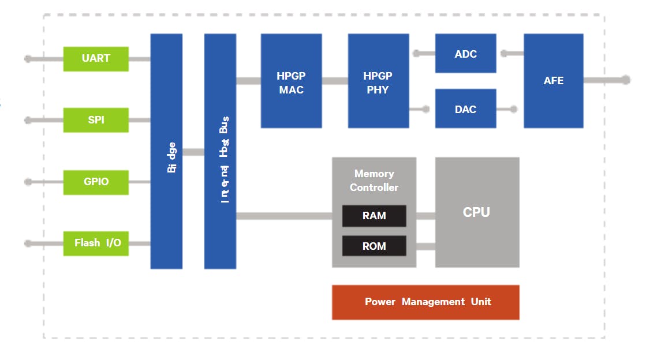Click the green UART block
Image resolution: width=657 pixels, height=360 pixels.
[96, 59]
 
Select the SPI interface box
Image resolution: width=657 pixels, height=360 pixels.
[96, 120]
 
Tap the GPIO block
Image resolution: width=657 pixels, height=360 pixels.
[96, 182]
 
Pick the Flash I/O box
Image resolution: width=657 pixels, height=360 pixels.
[96, 243]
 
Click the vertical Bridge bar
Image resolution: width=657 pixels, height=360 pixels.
[166, 151]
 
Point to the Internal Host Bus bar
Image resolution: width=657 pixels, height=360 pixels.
[220, 151]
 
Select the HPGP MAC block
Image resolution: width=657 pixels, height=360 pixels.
[291, 81]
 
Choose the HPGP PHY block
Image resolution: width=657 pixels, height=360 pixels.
[378, 81]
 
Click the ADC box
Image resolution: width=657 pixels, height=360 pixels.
[465, 54]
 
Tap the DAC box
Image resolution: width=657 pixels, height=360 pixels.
[465, 108]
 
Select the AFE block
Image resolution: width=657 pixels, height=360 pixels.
[553, 81]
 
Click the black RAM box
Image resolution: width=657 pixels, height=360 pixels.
[374, 216]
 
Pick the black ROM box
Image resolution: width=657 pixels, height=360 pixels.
[374, 246]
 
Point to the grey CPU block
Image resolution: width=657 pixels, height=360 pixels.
[477, 212]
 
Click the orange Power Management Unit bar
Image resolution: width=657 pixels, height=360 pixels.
[425, 302]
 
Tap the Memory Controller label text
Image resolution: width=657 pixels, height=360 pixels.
[374, 180]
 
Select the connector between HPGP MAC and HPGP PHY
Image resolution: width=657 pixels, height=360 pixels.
[335, 81]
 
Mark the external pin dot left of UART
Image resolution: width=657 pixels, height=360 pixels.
[28, 59]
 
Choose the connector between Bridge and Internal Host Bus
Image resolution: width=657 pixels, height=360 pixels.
[193, 152]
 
